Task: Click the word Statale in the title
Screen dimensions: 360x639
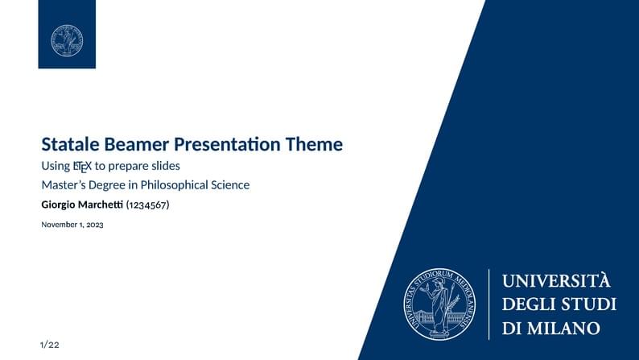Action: tap(71, 145)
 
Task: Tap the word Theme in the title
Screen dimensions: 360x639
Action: tap(315, 145)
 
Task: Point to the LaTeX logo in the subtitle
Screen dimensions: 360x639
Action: tap(81, 167)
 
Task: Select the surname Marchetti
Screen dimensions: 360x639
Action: tap(101, 205)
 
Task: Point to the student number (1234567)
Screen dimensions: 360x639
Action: tap(147, 205)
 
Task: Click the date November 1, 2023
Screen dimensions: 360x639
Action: tap(72, 225)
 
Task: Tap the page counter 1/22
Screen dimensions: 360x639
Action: tap(49, 345)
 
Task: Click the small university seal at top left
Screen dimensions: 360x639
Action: tap(67, 40)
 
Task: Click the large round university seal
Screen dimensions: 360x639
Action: tap(439, 304)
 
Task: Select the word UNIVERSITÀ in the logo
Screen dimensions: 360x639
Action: tap(557, 281)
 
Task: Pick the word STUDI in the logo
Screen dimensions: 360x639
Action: tap(589, 304)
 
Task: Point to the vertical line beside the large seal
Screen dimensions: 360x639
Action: tap(489, 304)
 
